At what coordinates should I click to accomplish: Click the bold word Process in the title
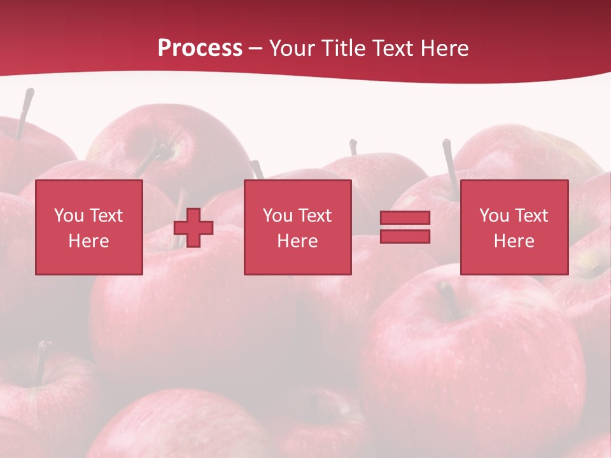[x=200, y=48]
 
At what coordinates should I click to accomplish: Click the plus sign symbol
[x=193, y=228]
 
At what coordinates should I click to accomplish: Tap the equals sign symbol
[x=405, y=227]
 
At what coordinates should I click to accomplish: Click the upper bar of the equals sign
[x=405, y=218]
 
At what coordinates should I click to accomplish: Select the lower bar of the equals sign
[x=405, y=236]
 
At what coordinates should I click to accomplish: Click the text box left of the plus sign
[x=88, y=227]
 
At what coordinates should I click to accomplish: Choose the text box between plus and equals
[x=297, y=227]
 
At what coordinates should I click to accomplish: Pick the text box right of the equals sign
[x=514, y=227]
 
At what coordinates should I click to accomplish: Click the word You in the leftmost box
[x=69, y=216]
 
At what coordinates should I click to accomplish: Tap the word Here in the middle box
[x=297, y=241]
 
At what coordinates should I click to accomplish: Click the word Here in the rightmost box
[x=514, y=241]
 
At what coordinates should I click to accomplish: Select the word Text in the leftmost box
[x=106, y=216]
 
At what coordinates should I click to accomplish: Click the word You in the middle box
[x=277, y=216]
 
